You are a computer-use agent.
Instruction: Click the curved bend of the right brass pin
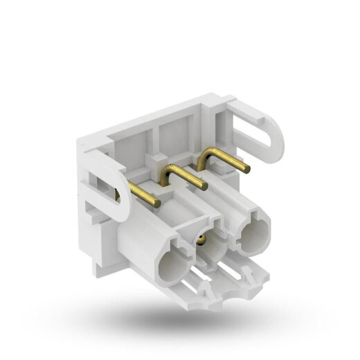[x=204, y=156]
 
